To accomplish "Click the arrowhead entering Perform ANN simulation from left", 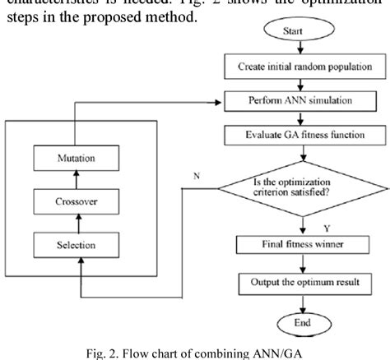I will click(220, 102).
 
